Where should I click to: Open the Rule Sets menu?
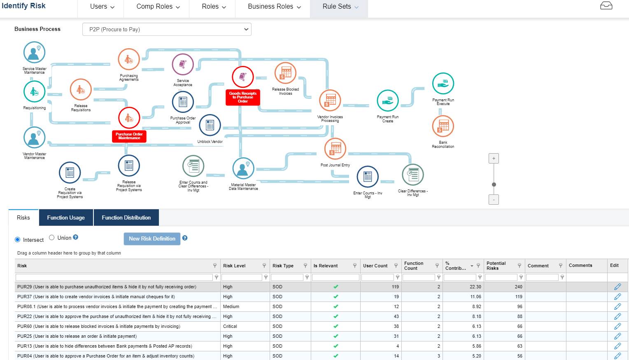tap(340, 7)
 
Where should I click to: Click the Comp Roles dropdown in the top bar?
tap(158, 7)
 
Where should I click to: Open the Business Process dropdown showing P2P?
tap(167, 29)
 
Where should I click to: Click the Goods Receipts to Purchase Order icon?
tap(243, 77)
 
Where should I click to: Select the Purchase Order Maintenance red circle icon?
tap(129, 118)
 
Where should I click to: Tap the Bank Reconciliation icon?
tap(443, 126)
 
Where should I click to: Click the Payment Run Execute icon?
tap(443, 84)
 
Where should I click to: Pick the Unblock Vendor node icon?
tap(210, 125)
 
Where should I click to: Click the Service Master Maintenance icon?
tap(34, 53)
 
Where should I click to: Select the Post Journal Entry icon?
tap(335, 149)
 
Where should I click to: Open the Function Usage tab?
tap(66, 217)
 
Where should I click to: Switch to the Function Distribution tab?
tap(126, 217)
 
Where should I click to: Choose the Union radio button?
tap(52, 238)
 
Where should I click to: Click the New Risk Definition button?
tap(152, 238)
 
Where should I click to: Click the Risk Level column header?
tap(235, 266)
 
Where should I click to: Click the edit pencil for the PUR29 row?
tap(617, 287)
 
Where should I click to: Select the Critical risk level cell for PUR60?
tap(230, 326)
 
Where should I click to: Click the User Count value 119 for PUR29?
tap(395, 287)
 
